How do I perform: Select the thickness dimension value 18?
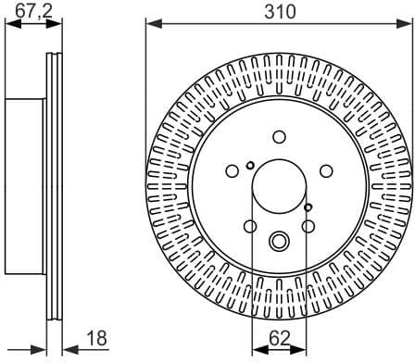click(94, 339)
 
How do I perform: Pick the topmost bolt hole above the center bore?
click(279, 137)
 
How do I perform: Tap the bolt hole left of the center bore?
click(232, 171)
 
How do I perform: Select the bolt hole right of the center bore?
click(326, 171)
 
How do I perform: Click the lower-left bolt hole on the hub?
click(249, 227)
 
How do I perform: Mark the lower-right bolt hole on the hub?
click(308, 227)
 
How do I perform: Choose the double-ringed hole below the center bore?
click(279, 242)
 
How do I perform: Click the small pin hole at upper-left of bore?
click(250, 166)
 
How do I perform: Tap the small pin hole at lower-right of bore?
click(308, 207)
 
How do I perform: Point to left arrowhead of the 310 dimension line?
click(151, 26)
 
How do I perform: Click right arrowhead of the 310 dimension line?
click(407, 26)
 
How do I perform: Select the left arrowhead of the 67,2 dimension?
click(10, 26)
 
